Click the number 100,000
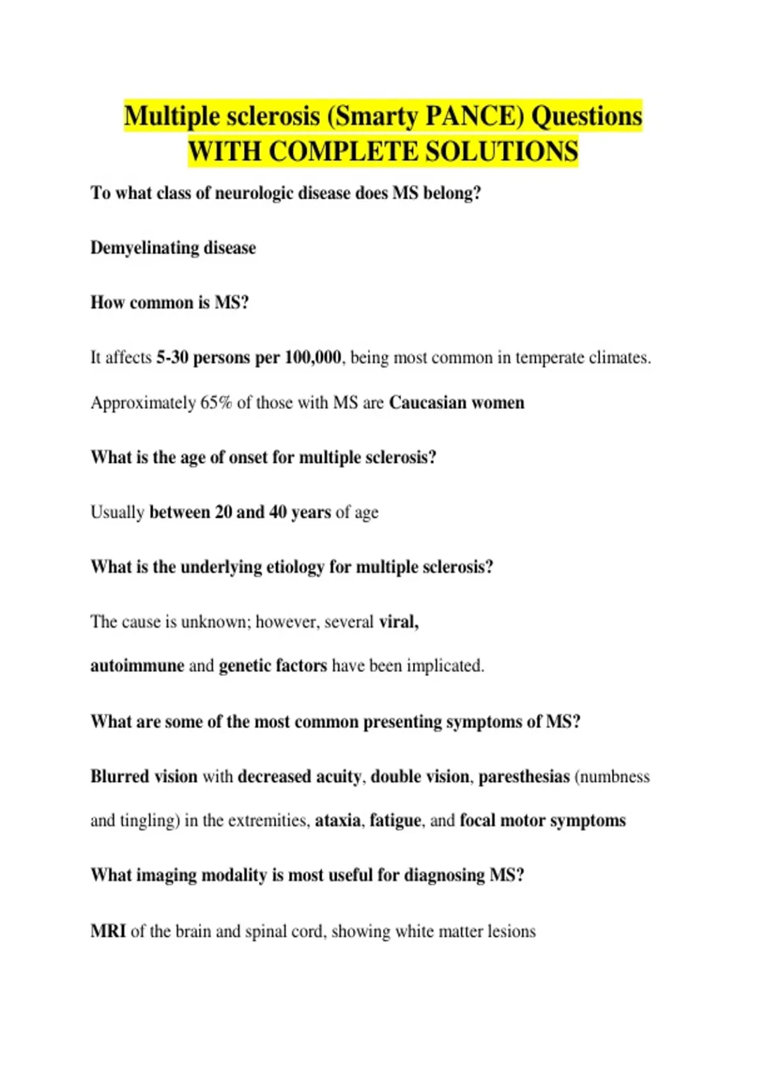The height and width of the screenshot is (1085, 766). tap(313, 357)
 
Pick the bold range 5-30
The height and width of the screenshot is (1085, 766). tap(172, 357)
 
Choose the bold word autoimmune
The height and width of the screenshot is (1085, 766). tap(137, 666)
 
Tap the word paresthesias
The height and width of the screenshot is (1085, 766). tap(524, 777)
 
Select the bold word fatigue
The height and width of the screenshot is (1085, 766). tap(396, 820)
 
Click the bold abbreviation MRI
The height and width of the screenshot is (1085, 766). tap(108, 931)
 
